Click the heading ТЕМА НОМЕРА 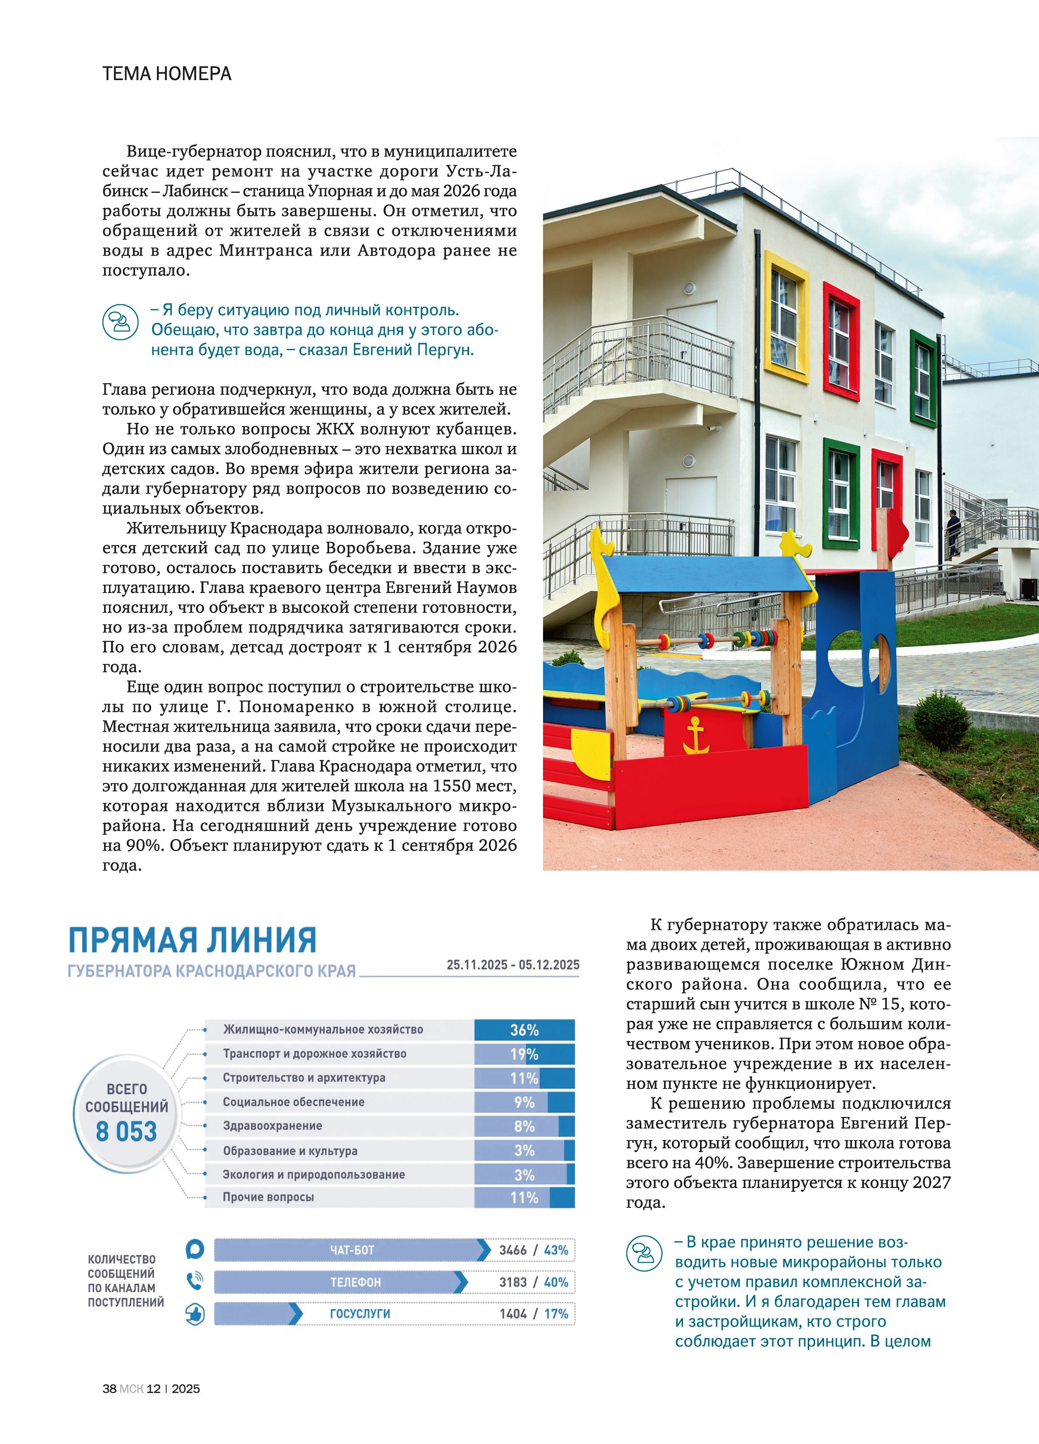click(x=167, y=74)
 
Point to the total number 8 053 click(x=126, y=1131)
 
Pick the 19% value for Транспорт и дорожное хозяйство click(x=524, y=1054)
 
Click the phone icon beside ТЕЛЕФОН click(x=195, y=1281)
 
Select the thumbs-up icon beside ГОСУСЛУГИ click(x=195, y=1314)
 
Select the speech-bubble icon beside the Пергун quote click(x=120, y=322)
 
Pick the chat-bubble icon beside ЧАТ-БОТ click(x=195, y=1249)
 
